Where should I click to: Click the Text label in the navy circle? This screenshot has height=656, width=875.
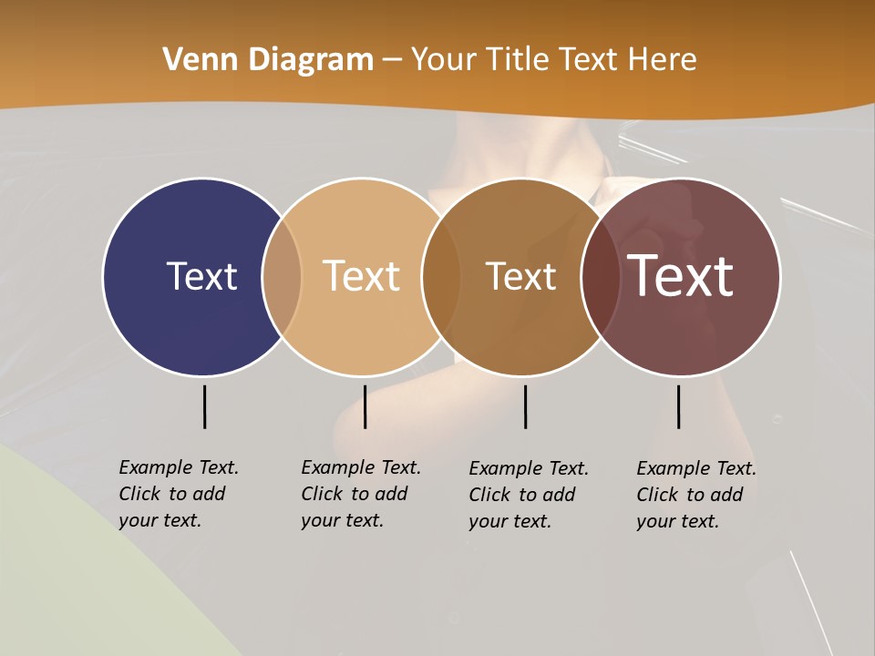click(201, 276)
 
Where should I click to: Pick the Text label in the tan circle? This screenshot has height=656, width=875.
click(362, 276)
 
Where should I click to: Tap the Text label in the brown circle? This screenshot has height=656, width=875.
click(520, 276)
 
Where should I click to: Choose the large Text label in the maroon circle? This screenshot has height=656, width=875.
click(681, 276)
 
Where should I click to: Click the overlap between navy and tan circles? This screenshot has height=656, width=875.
click(282, 276)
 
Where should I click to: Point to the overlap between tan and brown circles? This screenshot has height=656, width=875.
click(441, 276)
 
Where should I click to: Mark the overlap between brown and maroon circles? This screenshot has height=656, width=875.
click(600, 276)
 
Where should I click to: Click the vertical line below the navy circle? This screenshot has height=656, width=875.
click(204, 406)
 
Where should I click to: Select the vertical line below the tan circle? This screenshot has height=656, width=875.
click(365, 406)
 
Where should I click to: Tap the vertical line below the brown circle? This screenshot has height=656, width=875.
click(525, 406)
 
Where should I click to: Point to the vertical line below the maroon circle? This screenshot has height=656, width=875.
click(678, 406)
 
